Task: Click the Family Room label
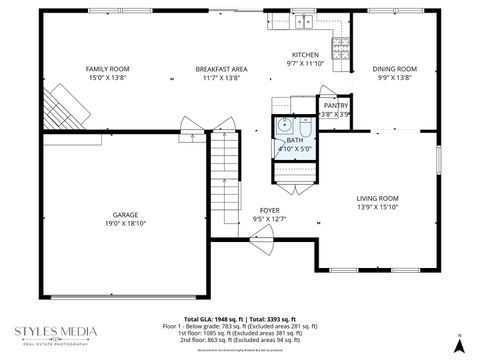click(107, 69)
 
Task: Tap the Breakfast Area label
click(221, 69)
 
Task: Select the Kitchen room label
click(305, 55)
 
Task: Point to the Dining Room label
click(394, 69)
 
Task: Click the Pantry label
click(336, 105)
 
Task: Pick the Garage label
click(125, 215)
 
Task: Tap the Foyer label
click(269, 210)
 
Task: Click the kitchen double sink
click(304, 20)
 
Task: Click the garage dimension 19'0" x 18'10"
click(125, 225)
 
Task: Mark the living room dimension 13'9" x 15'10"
click(377, 208)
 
